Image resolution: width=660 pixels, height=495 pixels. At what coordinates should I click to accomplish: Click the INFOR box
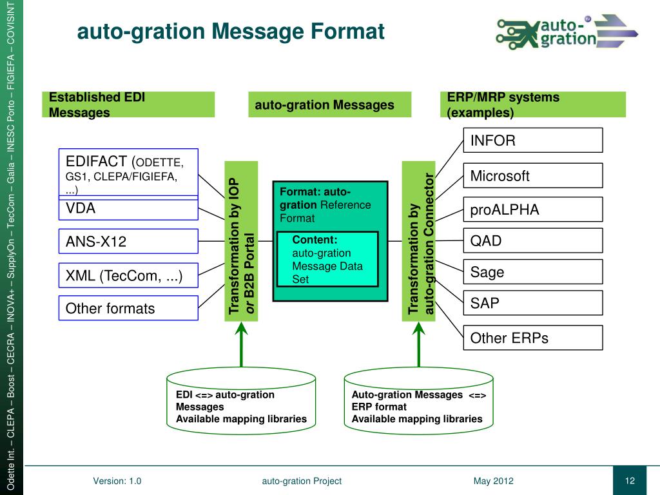point(532,141)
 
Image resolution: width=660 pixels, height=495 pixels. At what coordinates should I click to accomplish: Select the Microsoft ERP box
point(532,176)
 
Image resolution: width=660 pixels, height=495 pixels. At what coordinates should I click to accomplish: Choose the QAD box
point(532,241)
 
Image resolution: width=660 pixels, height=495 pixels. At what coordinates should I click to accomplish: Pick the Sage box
point(532,272)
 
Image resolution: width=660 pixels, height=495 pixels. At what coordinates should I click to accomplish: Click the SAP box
point(532,303)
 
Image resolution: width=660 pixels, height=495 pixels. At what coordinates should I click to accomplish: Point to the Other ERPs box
point(532,338)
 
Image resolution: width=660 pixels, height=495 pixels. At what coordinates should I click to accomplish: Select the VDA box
point(128,209)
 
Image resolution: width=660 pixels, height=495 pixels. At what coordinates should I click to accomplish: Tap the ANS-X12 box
point(128,242)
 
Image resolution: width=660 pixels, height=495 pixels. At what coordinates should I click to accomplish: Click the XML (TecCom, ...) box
point(128,276)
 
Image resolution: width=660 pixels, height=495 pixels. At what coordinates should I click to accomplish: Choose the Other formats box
point(128,308)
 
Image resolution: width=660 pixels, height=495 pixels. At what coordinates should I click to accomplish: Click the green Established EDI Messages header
point(128,104)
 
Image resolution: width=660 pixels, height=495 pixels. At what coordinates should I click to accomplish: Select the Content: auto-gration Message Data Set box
point(327,258)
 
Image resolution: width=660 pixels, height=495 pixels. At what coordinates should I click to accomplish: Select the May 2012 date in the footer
point(493,481)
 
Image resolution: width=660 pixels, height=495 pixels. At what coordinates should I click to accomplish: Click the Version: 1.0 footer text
point(117,481)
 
